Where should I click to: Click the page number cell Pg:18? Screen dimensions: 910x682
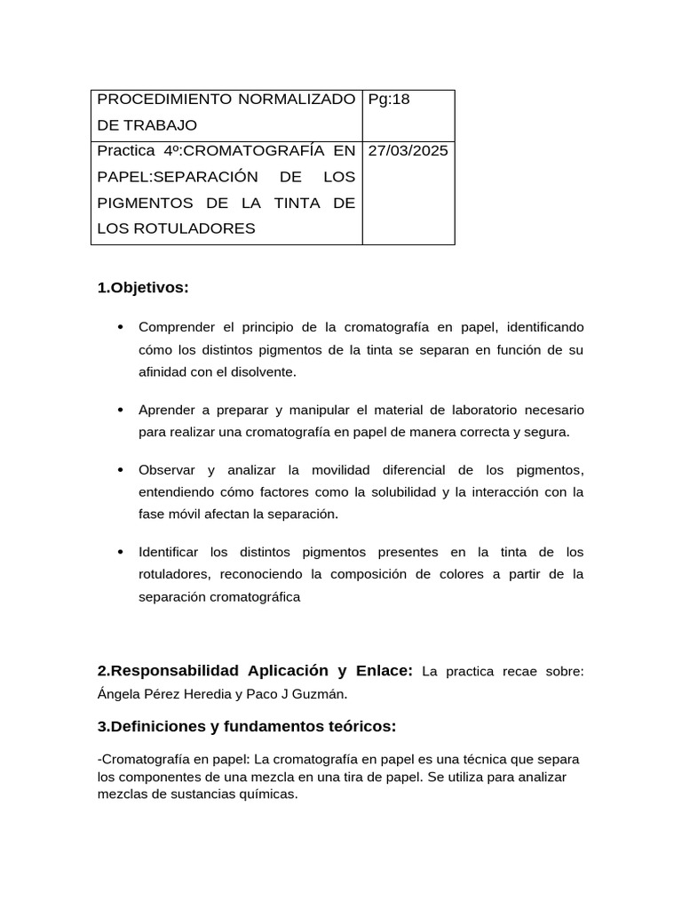pos(388,100)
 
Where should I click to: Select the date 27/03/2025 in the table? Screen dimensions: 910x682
pos(408,150)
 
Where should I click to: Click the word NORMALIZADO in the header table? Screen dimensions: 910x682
pos(297,100)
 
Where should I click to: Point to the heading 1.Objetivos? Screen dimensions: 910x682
pos(143,288)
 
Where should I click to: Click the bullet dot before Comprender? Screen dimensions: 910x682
pos(120,328)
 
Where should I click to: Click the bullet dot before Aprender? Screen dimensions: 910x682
pos(120,410)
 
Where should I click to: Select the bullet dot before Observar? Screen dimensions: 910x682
pos(120,470)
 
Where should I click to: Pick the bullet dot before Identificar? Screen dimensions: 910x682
pos(120,552)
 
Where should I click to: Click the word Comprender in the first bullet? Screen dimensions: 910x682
pos(176,328)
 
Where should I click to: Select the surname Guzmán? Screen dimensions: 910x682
pos(303,693)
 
